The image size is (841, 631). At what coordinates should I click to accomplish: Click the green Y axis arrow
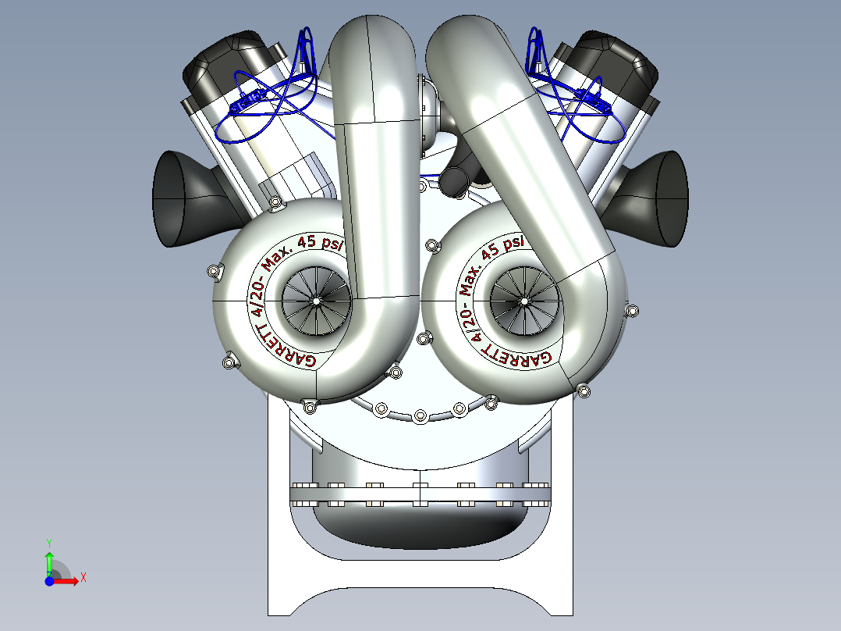click(x=49, y=558)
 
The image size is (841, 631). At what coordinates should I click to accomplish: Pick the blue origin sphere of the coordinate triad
click(x=49, y=581)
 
